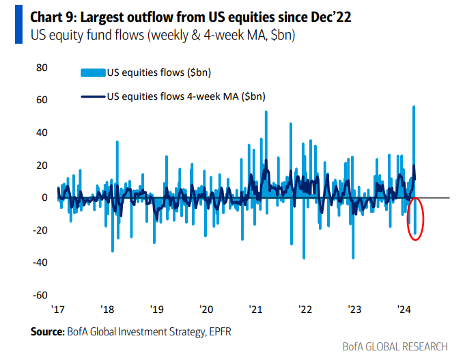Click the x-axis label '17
point(58,309)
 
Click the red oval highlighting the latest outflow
point(415,219)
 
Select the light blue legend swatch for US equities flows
point(93,72)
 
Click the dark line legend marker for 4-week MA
point(93,96)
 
